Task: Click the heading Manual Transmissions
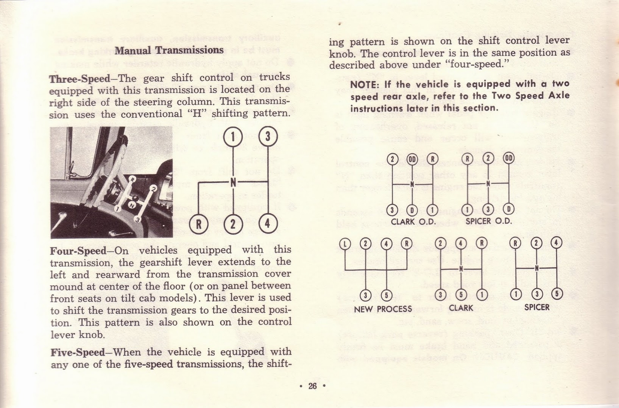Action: [x=169, y=50]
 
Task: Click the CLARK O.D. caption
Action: [x=413, y=222]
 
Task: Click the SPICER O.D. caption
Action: [x=489, y=222]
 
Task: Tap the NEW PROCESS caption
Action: [x=383, y=309]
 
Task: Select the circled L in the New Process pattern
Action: [x=344, y=244]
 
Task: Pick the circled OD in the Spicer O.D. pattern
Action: [x=509, y=158]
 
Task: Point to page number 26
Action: [x=312, y=386]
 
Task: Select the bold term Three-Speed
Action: [x=80, y=79]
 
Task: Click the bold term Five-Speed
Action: [x=77, y=352]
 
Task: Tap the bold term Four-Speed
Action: [x=78, y=251]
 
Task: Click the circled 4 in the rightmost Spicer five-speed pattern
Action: [x=556, y=244]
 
